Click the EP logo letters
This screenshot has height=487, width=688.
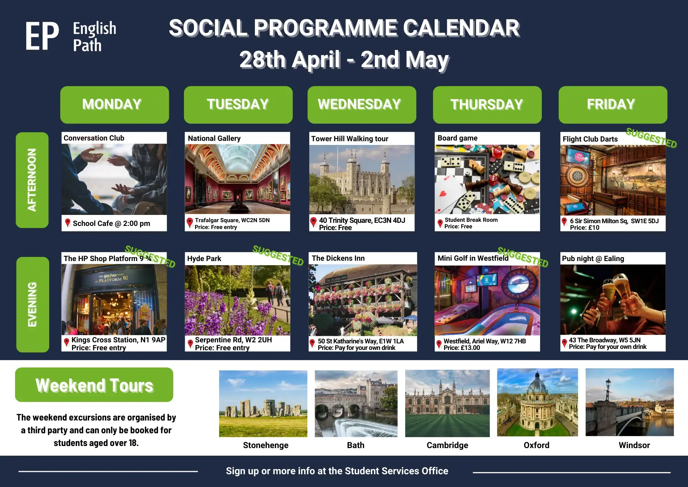pyautogui.click(x=42, y=36)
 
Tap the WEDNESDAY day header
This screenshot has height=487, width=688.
pyautogui.click(x=362, y=105)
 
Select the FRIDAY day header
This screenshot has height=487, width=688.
pyautogui.click(x=613, y=105)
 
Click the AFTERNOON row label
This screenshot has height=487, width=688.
pyautogui.click(x=32, y=180)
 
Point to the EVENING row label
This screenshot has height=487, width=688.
pyautogui.click(x=32, y=304)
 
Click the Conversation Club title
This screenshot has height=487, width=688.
pyautogui.click(x=94, y=138)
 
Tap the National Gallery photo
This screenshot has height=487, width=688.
pyautogui.click(x=237, y=179)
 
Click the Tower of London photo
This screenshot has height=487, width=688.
pyautogui.click(x=362, y=179)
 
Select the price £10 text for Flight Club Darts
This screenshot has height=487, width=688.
pyautogui.click(x=584, y=228)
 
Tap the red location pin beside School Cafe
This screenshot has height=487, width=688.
pyautogui.click(x=68, y=223)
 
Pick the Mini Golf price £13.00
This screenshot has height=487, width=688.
pyautogui.click(x=462, y=348)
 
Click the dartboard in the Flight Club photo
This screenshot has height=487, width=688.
pyautogui.click(x=578, y=176)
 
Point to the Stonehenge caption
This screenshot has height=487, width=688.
pyautogui.click(x=266, y=445)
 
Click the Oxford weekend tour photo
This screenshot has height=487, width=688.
pyautogui.click(x=537, y=402)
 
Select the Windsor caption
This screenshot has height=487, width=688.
pyautogui.click(x=634, y=445)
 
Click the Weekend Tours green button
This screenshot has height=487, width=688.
pyautogui.click(x=94, y=385)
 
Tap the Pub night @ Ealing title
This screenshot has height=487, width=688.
pyautogui.click(x=593, y=259)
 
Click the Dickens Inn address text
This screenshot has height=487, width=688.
pyautogui.click(x=361, y=341)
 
